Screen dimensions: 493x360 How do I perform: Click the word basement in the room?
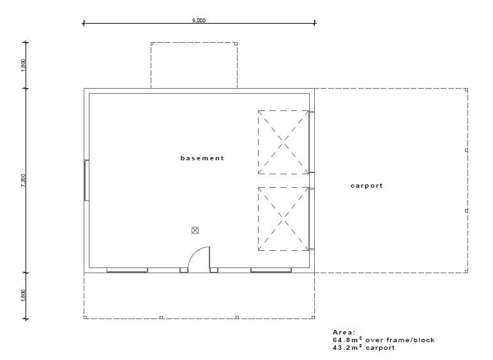coord(202,158)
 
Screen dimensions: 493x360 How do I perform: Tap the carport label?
coord(367,186)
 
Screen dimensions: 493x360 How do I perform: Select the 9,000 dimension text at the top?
coord(199,20)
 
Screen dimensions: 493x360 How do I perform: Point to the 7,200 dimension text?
coord(23,181)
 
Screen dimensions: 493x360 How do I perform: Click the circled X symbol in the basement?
coord(195,230)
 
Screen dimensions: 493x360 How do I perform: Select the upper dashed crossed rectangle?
coord(284,142)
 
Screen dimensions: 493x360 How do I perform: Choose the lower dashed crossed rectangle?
coord(284,219)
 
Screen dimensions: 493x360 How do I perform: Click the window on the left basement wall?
coord(86,180)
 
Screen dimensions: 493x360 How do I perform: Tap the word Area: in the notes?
coord(344,333)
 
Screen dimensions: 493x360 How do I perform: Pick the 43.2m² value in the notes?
coord(347,347)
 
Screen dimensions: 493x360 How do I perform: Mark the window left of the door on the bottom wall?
coord(127,270)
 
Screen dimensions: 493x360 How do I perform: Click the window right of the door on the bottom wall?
coord(271,270)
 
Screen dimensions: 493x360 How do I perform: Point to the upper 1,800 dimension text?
coord(23,65)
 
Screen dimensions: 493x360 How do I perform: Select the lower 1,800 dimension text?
coord(23,296)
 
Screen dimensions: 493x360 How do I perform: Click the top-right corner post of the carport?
coord(466,90)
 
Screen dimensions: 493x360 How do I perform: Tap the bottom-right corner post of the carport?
coord(466,271)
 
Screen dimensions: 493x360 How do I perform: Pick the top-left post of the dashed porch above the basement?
coord(152,43)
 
